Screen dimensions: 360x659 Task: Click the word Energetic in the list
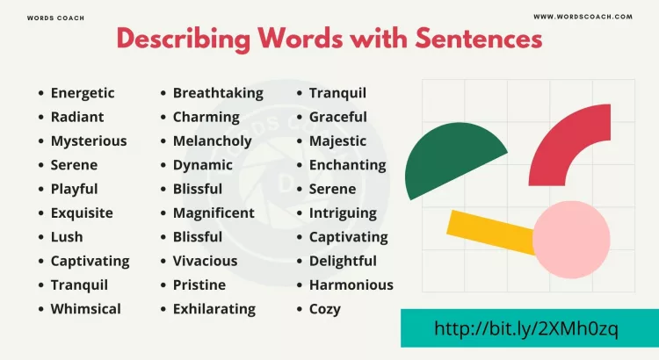point(83,93)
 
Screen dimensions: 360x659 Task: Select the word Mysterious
point(89,140)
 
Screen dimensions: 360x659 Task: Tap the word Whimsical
point(86,309)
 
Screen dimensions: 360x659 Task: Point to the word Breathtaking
point(218,93)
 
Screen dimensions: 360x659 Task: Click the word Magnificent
point(214,212)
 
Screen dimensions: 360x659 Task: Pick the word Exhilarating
point(214,309)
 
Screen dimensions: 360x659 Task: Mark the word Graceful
point(338,117)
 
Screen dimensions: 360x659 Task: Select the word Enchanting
point(347,165)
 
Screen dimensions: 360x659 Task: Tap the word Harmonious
point(351,284)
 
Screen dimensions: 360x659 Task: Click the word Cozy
point(325,309)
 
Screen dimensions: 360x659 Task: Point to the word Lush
point(67,237)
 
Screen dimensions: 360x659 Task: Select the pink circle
point(571,239)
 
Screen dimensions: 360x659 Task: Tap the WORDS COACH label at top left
point(56,18)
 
